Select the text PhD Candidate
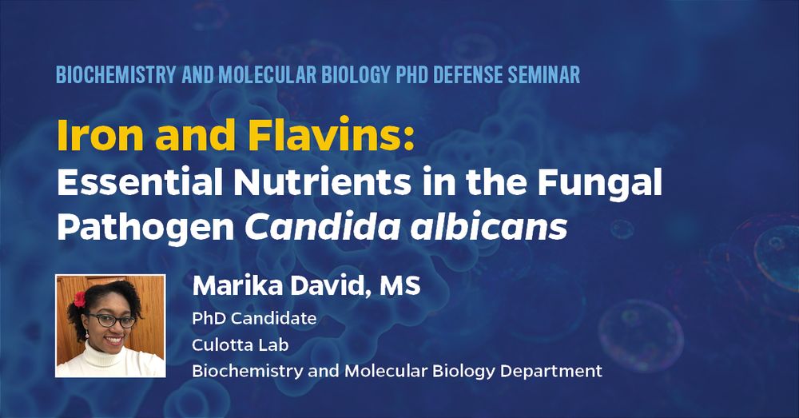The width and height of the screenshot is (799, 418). click(254, 319)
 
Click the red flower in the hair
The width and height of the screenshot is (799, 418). click(79, 300)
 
